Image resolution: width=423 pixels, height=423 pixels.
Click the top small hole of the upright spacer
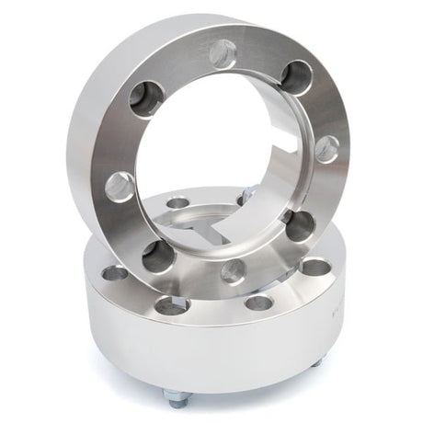(x=223, y=54)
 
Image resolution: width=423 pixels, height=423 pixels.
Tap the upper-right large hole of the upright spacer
(x=295, y=77)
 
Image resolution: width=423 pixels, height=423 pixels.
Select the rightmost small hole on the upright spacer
(x=326, y=149)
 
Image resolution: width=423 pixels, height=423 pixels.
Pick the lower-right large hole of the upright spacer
(x=299, y=224)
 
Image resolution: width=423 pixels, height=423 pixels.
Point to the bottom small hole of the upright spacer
(x=234, y=270)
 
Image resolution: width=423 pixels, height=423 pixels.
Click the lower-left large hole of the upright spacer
(x=158, y=255)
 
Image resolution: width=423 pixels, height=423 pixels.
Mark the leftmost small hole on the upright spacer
(x=120, y=187)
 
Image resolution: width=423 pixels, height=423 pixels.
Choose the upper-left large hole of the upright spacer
(x=146, y=99)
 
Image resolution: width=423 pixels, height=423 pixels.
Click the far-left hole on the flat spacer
(x=115, y=273)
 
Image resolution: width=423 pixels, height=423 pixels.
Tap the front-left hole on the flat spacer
(x=172, y=305)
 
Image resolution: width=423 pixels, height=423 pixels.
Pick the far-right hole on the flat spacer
(x=315, y=268)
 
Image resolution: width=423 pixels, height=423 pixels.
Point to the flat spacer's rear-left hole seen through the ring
(x=177, y=203)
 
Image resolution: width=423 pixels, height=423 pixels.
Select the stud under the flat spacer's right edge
(x=316, y=362)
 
